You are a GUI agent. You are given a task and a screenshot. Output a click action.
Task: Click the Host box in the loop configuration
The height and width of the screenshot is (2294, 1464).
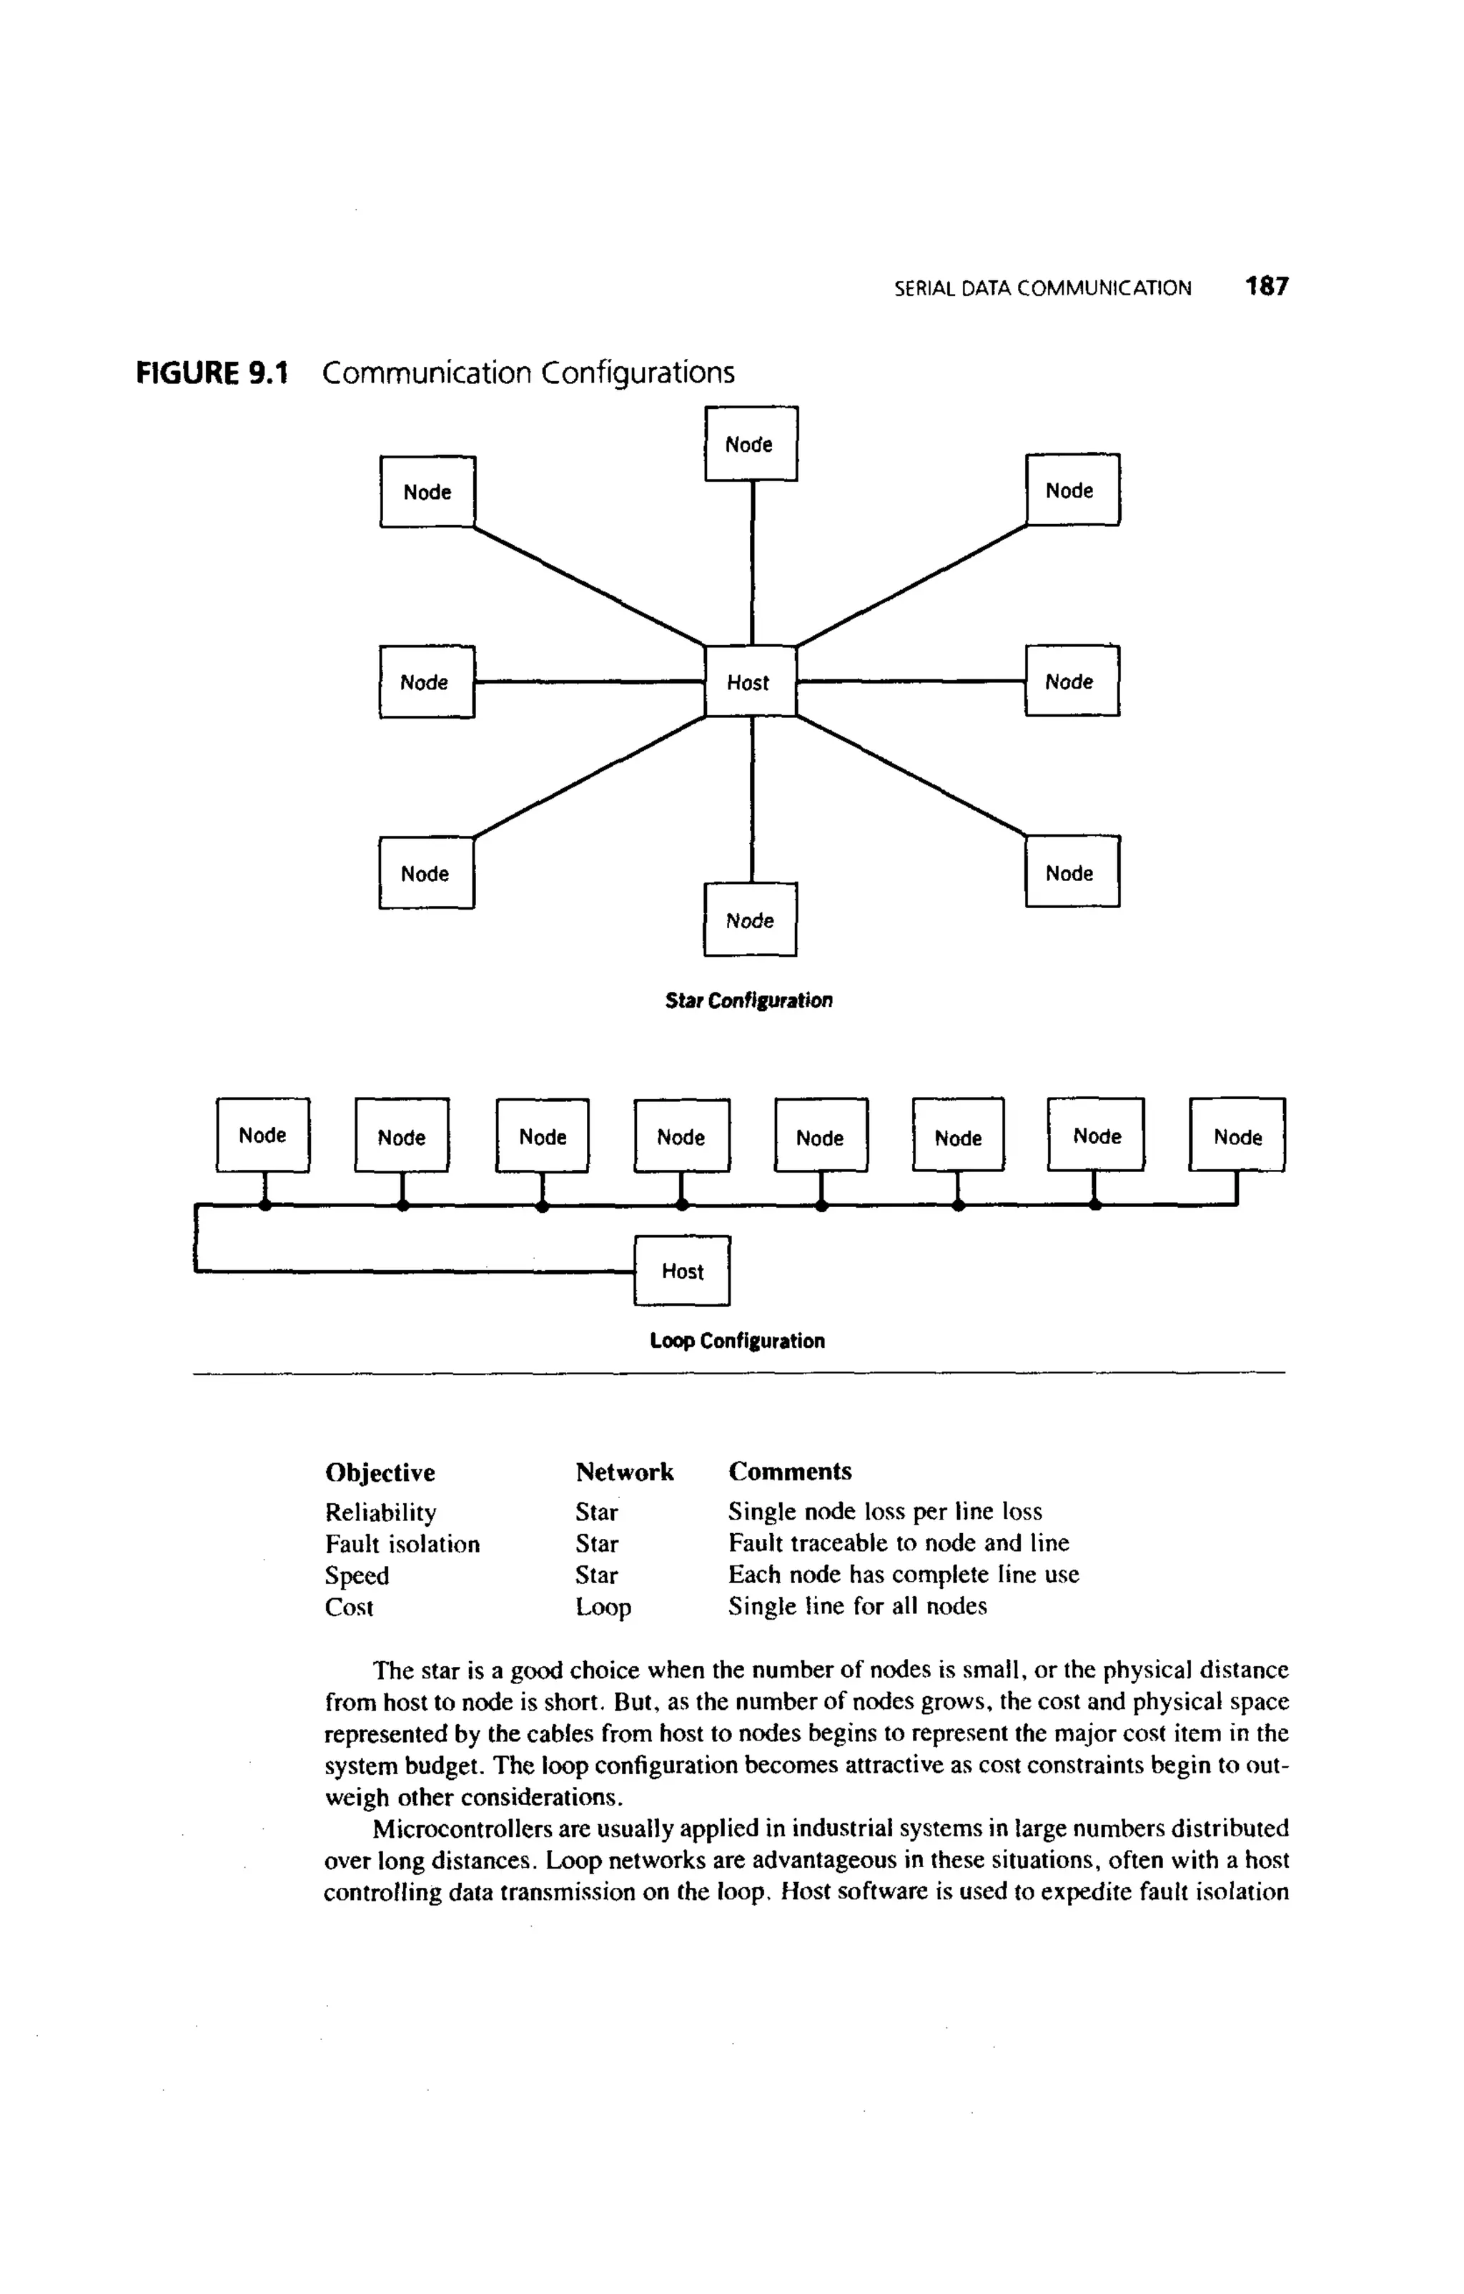click(x=682, y=1270)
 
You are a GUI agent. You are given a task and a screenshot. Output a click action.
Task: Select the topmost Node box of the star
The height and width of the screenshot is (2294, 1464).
click(x=751, y=444)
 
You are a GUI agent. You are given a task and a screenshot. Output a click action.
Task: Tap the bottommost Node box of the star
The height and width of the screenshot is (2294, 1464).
click(x=750, y=920)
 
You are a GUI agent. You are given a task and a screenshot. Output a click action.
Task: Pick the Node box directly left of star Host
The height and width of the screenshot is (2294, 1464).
click(x=426, y=681)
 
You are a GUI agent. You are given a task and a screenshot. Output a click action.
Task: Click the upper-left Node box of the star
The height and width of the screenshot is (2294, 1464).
click(x=427, y=491)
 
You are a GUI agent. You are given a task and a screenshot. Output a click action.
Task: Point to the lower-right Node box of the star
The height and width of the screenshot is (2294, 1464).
click(x=1072, y=872)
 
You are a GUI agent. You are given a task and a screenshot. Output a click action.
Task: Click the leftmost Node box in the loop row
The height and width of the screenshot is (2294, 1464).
click(x=263, y=1135)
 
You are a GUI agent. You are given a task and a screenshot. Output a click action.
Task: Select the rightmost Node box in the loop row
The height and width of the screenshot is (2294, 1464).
click(x=1237, y=1136)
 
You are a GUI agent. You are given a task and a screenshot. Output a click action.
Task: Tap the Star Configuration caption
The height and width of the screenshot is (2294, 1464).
click(x=748, y=1000)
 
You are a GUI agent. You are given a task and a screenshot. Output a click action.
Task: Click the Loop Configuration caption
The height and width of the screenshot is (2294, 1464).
click(x=737, y=1340)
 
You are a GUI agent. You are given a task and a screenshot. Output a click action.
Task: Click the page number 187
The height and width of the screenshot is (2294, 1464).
click(x=1267, y=287)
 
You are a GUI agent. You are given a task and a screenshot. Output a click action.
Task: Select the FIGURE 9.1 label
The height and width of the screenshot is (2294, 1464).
click(x=212, y=373)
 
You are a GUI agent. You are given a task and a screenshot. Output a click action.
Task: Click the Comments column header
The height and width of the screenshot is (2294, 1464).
click(x=790, y=1471)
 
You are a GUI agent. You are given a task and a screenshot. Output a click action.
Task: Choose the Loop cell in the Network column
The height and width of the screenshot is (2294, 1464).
click(x=603, y=1607)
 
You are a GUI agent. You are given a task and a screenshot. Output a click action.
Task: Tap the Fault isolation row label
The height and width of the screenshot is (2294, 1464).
click(x=402, y=1543)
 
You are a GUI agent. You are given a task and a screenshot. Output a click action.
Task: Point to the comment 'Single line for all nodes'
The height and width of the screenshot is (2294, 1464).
click(x=857, y=1606)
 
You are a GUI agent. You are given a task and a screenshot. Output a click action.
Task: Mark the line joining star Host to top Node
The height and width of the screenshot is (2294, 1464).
click(x=753, y=562)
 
